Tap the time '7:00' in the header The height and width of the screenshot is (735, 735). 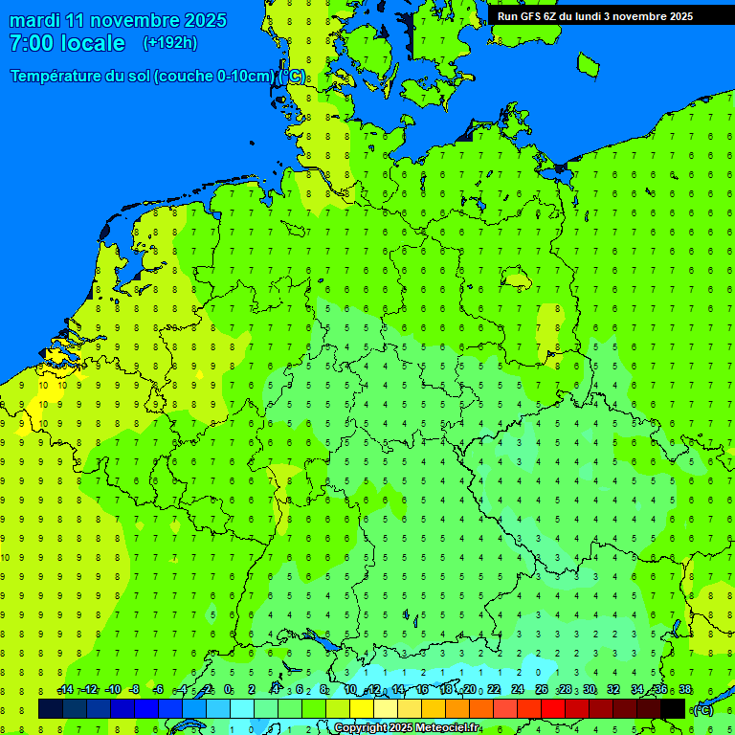pyautogui.click(x=31, y=43)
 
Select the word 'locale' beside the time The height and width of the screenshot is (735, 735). pyautogui.click(x=93, y=43)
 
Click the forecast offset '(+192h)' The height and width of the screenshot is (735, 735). pyautogui.click(x=169, y=43)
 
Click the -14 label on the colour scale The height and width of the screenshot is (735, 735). pyautogui.click(x=65, y=690)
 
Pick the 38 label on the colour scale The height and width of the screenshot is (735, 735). pyautogui.click(x=685, y=690)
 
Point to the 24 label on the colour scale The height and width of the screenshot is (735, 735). pyautogui.click(x=518, y=690)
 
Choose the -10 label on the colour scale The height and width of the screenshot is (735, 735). pyautogui.click(x=112, y=690)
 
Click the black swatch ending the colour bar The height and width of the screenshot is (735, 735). pyautogui.click(x=673, y=708)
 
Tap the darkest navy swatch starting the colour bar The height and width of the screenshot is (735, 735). pyautogui.click(x=50, y=708)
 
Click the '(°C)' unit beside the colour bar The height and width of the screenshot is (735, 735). pyautogui.click(x=702, y=709)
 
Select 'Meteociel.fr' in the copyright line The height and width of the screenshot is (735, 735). pyautogui.click(x=447, y=728)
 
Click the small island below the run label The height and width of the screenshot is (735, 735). pyautogui.click(x=588, y=64)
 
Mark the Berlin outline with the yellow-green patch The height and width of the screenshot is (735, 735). pyautogui.click(x=518, y=280)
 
